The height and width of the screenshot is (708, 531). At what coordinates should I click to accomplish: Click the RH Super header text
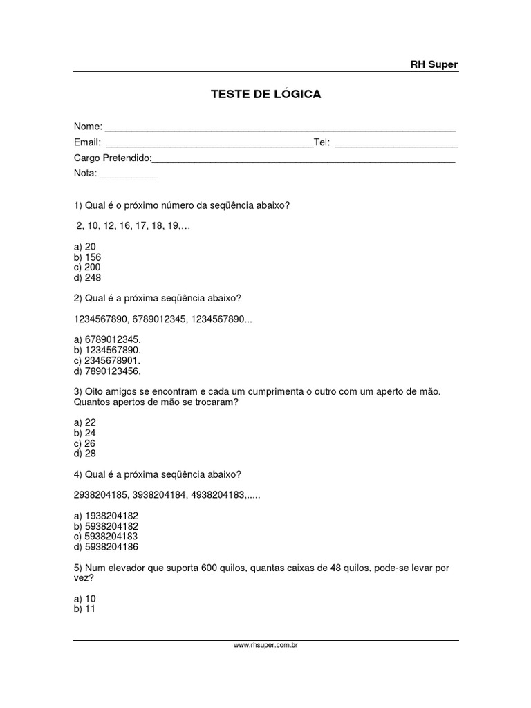point(434,64)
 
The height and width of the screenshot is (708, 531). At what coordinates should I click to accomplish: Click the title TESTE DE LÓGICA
point(265,94)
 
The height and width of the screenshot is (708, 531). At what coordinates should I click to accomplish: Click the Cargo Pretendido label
point(112,158)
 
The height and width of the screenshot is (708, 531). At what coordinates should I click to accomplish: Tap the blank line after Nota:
point(129,175)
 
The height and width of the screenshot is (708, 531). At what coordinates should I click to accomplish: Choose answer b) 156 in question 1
point(86,257)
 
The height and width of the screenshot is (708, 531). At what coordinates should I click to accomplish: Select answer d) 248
point(86,278)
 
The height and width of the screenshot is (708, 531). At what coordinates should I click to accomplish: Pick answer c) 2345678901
point(106,361)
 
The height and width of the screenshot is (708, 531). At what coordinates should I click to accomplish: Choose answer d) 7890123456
point(106,371)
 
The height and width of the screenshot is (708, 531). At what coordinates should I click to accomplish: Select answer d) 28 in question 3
point(84,454)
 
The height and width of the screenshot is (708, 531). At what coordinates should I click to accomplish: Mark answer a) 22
point(84,422)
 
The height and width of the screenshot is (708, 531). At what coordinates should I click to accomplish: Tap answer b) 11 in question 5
point(84,609)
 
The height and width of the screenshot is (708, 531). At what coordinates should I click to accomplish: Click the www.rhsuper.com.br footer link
point(265,646)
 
